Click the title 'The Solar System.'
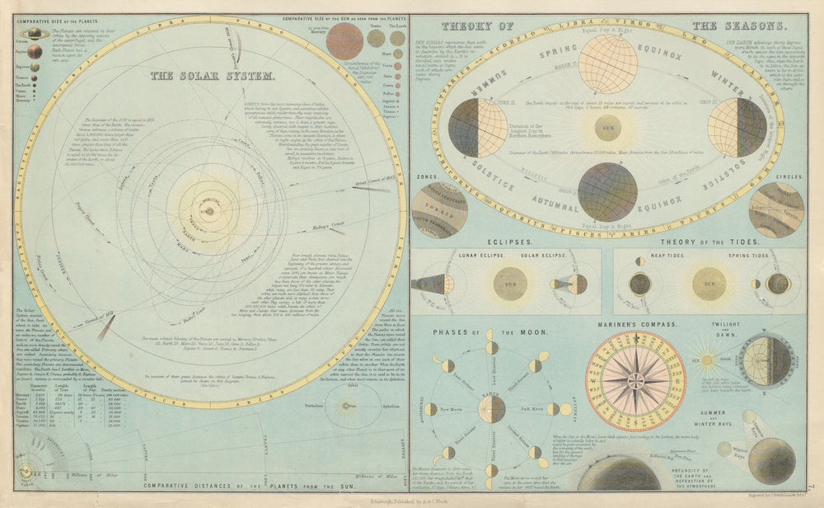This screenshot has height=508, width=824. [x=213, y=76]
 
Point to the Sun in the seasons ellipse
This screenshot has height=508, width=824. [x=608, y=128]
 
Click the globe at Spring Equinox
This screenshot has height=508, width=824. [x=608, y=63]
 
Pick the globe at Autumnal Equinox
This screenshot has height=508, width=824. [x=608, y=191]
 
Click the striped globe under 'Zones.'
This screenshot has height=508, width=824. [x=439, y=209]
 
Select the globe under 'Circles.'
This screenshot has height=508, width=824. [x=776, y=209]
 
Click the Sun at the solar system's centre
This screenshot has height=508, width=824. [x=208, y=211]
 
